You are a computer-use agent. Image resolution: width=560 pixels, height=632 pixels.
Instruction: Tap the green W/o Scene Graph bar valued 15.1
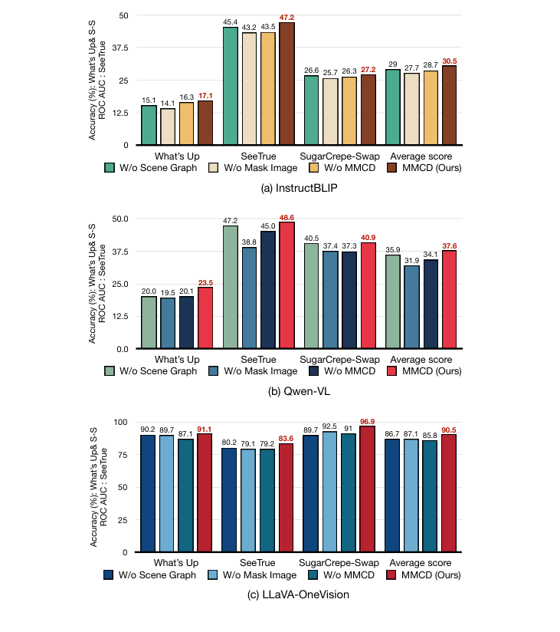149,125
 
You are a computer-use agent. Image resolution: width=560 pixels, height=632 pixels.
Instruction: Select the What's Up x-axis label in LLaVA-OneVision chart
177,562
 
